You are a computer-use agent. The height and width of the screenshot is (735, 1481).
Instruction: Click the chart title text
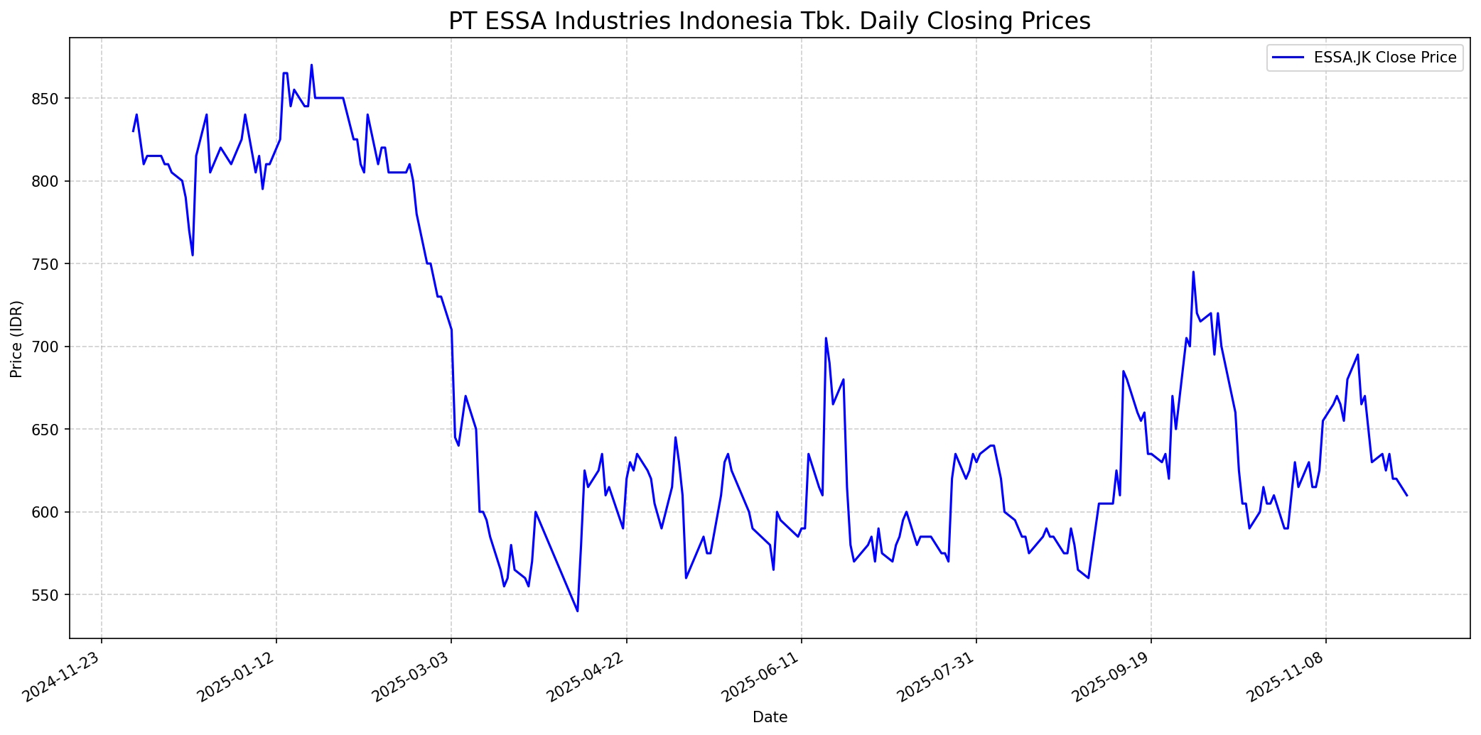point(769,21)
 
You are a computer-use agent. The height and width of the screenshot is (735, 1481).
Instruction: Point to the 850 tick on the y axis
point(48,99)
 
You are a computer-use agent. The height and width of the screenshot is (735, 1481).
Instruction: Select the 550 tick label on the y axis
point(48,595)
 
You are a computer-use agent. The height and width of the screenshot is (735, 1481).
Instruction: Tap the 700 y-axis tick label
point(48,347)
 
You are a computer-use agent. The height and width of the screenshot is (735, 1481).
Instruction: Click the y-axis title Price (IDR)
point(17,339)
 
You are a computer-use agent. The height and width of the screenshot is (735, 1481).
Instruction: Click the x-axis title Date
point(770,717)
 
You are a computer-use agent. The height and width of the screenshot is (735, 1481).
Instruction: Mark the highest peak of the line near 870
point(311,65)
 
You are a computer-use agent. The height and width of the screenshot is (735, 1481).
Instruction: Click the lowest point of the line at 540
point(577,611)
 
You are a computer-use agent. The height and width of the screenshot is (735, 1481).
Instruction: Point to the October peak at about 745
point(1193,272)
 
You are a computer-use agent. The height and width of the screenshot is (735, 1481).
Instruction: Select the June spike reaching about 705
point(826,338)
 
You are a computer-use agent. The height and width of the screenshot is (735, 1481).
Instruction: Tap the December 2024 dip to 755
point(193,255)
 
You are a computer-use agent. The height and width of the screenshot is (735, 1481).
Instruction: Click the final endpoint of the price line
point(1407,495)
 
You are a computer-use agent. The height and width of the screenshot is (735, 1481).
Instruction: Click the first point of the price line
point(133,131)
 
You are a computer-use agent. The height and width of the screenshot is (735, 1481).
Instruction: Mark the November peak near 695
point(1358,354)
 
